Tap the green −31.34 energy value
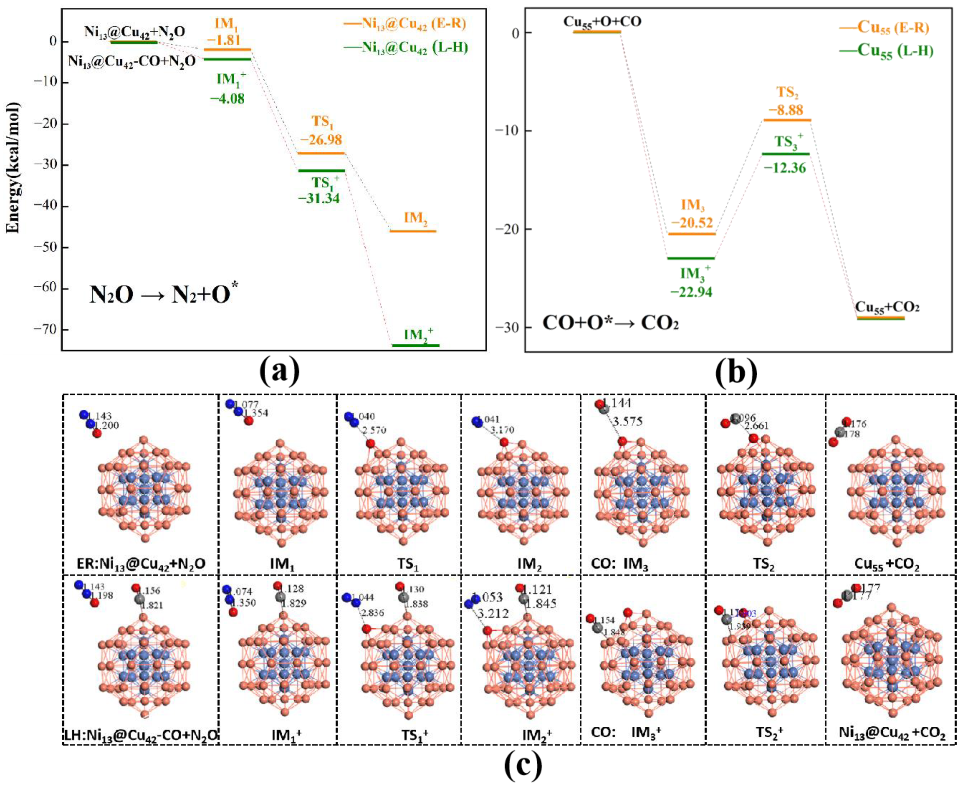tap(319, 198)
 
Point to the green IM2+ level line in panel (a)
tap(415, 345)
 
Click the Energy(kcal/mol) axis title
tap(14, 168)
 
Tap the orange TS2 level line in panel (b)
tap(787, 120)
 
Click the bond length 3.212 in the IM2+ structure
tap(493, 614)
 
